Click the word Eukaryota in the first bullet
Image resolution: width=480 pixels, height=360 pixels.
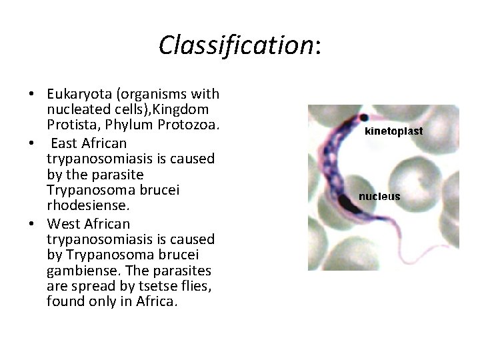coord(77,93)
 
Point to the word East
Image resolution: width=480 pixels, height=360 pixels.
coord(66,143)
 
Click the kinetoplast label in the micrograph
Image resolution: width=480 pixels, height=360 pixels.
coord(393,131)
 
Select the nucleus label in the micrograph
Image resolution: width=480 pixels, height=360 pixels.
coord(379,197)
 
